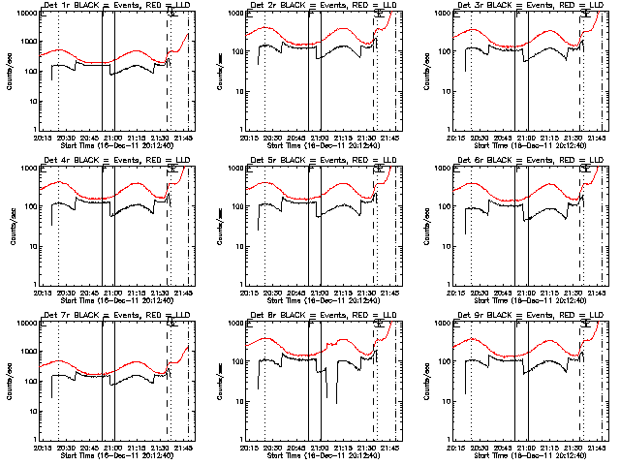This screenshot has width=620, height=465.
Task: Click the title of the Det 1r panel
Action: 116,6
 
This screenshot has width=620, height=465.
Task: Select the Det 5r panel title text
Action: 323,160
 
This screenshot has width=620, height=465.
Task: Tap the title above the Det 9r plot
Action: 529,315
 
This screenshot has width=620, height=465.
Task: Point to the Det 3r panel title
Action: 529,6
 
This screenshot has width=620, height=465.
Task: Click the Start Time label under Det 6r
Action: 529,300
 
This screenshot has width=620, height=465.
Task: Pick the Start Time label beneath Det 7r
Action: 116,455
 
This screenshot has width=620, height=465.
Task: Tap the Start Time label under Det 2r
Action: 323,145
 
